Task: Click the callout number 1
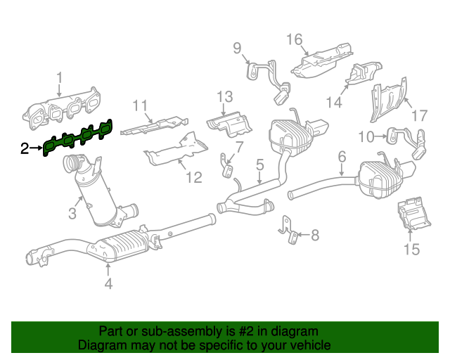click(59, 77)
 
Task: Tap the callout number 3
click(72, 211)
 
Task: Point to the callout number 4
click(108, 283)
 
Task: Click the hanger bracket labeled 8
click(288, 229)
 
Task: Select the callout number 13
click(224, 96)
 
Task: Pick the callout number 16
click(293, 39)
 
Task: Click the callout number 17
click(419, 115)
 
